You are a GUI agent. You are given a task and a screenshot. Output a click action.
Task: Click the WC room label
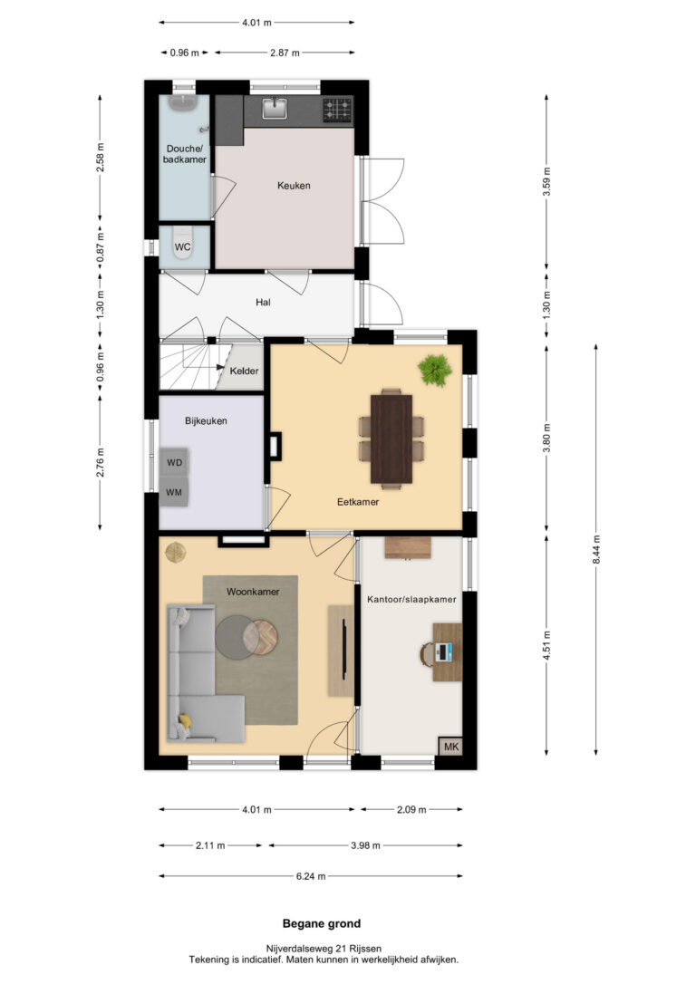click(x=183, y=246)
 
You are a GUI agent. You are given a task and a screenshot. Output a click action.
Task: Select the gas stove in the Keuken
click(x=337, y=110)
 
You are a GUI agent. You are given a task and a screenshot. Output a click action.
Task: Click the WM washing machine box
click(x=174, y=492)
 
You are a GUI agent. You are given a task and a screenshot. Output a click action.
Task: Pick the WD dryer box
click(x=174, y=463)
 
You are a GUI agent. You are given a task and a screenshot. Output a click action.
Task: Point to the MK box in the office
click(x=450, y=747)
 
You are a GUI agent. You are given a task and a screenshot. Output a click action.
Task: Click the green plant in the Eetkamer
click(x=435, y=370)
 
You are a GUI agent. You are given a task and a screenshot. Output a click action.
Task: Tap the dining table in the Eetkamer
click(x=391, y=439)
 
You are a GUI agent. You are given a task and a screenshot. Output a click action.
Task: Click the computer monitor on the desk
click(x=444, y=652)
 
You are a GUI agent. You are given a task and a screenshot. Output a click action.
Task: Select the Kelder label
click(x=244, y=371)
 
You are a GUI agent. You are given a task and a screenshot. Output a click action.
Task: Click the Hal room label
click(x=263, y=302)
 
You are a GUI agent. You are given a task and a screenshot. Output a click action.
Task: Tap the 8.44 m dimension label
click(x=596, y=549)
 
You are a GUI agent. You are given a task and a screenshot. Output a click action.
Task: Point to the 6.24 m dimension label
click(x=311, y=876)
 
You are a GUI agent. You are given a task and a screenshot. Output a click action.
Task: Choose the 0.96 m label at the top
click(x=185, y=53)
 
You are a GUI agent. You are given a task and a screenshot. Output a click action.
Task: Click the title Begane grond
click(x=322, y=923)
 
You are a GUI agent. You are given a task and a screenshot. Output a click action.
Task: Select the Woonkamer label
click(x=253, y=591)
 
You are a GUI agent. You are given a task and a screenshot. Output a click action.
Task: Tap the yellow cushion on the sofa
click(x=185, y=719)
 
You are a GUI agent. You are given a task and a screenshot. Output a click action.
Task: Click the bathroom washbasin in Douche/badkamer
click(x=184, y=104)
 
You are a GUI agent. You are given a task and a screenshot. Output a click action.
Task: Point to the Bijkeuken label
click(x=206, y=420)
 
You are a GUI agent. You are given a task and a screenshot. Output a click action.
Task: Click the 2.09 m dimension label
click(x=411, y=809)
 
